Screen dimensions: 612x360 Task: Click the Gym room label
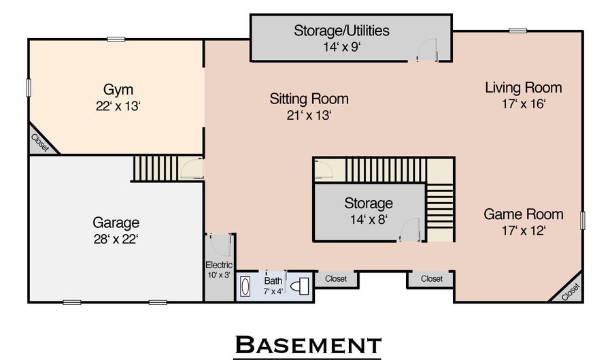(118, 90)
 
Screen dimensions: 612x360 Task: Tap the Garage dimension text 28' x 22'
(116, 239)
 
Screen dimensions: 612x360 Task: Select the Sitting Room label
(309, 99)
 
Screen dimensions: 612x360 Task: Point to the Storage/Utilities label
(341, 31)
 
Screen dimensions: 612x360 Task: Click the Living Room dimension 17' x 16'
(524, 104)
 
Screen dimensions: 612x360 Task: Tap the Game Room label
(524, 214)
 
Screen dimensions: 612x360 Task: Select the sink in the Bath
(245, 287)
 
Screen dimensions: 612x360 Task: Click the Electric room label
(219, 265)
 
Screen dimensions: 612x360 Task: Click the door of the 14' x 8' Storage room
(410, 230)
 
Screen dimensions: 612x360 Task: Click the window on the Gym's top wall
(116, 39)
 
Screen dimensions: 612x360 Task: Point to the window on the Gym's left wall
(29, 88)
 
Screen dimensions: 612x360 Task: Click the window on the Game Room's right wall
(583, 220)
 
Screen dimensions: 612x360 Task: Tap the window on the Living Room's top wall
(518, 31)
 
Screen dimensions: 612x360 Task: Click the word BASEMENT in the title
(307, 345)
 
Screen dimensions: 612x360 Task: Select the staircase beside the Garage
(155, 168)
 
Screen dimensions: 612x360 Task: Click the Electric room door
(220, 245)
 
